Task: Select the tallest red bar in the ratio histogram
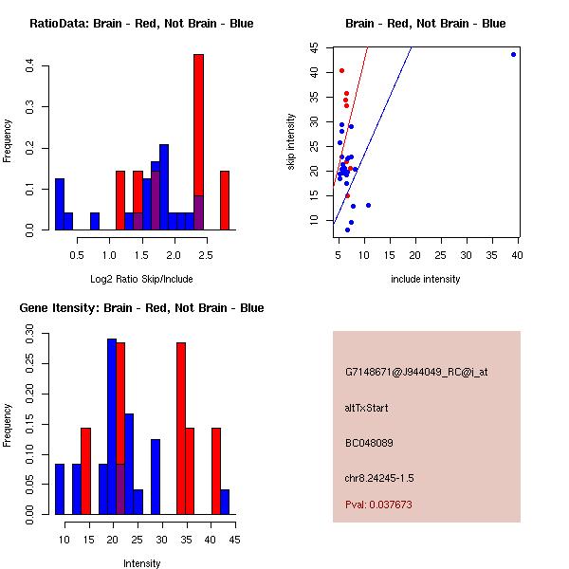tap(198, 142)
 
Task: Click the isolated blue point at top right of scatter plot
tap(513, 54)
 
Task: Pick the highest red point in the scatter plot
tap(341, 70)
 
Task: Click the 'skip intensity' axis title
tap(291, 142)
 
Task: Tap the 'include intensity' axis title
tap(425, 279)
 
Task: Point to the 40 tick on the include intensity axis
tap(518, 254)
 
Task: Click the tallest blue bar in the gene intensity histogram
tap(112, 427)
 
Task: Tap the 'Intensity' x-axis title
tap(141, 563)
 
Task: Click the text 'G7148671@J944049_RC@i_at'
tap(416, 373)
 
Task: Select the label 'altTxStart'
tap(367, 408)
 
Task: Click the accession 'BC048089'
tap(369, 443)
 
